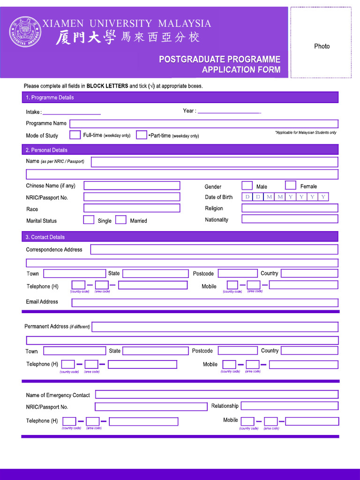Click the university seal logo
pos(25,32)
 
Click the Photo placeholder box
pos(321,43)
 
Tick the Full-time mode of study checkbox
pos(75,135)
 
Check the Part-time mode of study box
pos(142,135)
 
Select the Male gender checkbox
pos(247,186)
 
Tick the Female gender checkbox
pos(291,186)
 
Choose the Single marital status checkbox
pos(89,220)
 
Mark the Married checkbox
pos(121,220)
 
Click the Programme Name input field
pos(204,124)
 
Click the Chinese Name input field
pos(132,186)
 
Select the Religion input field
pos(290,208)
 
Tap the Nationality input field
pos(290,219)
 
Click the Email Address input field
pos(204,303)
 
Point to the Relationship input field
pos(289,406)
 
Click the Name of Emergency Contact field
pos(217,395)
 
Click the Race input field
pos(132,208)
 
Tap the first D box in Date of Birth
pos(247,197)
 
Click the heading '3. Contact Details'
pos(45,237)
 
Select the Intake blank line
pos(72,112)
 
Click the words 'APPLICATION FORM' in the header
pos(241,70)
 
